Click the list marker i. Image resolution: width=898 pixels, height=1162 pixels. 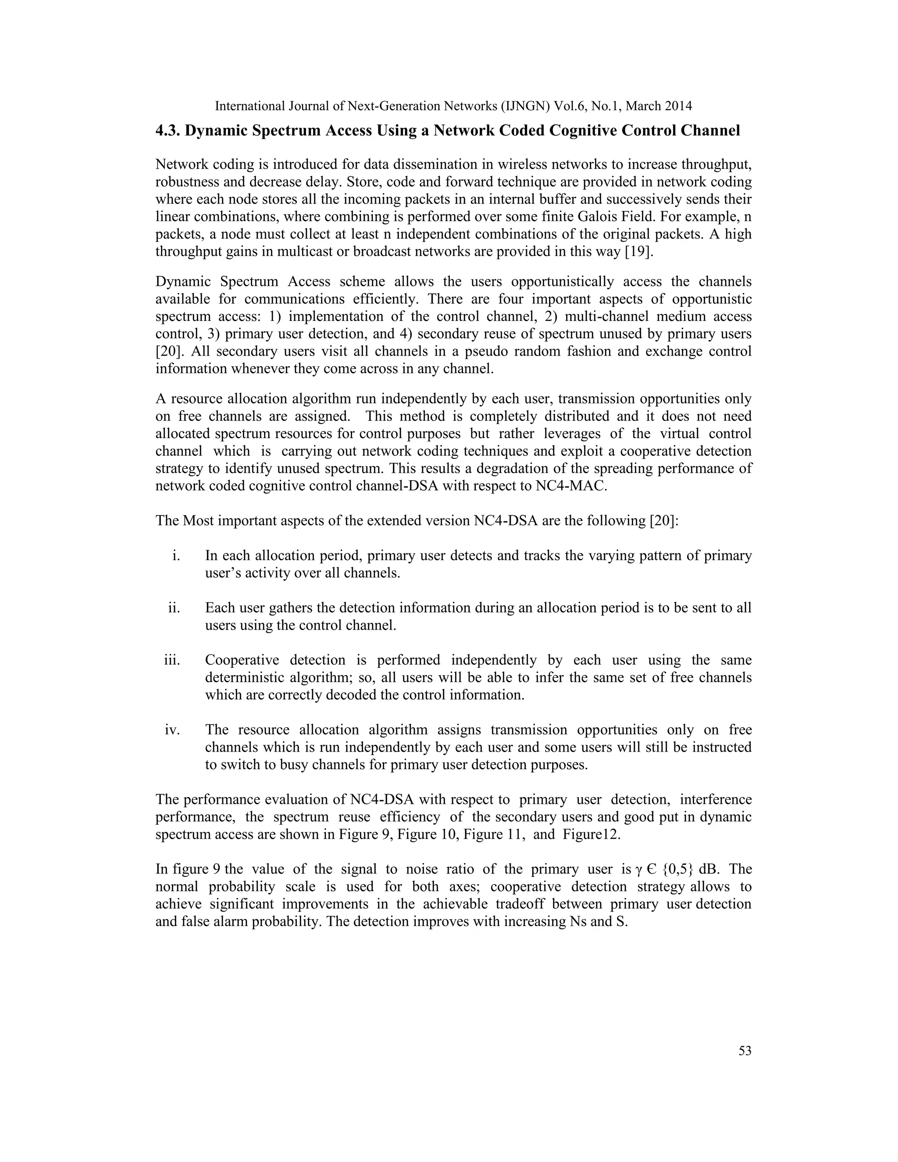click(176, 556)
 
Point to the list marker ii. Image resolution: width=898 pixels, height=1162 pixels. click(174, 608)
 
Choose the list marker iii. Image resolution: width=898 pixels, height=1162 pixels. click(172, 660)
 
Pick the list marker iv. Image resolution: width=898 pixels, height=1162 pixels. click(172, 730)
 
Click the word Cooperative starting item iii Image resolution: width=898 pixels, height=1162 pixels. click(242, 660)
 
